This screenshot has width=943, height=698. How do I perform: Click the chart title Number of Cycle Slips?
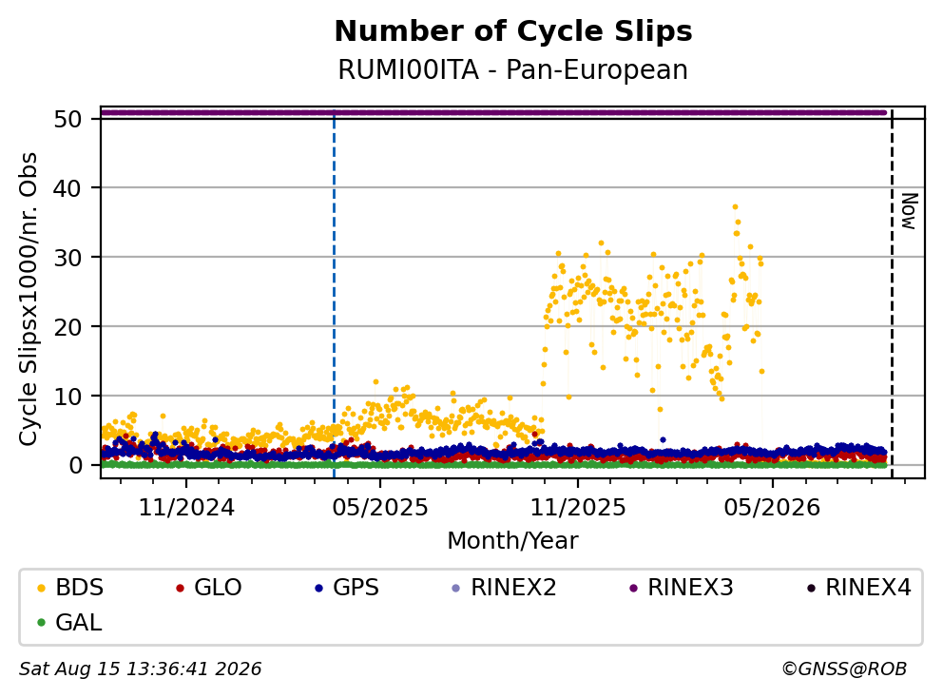pos(513,31)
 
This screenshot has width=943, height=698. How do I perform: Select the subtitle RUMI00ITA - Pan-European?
pos(513,69)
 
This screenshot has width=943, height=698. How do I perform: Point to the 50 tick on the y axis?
pos(67,119)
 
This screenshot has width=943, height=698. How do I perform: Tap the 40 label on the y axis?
pos(67,188)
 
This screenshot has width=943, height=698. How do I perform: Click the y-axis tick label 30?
pos(67,258)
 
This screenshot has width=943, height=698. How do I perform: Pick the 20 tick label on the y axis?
pos(67,327)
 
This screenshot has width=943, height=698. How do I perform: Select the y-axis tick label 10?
pos(67,396)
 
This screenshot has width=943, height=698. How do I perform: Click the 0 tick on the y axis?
pos(75,465)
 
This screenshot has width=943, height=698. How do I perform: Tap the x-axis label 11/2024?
pos(186,508)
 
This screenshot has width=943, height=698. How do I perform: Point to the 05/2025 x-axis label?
pos(380,508)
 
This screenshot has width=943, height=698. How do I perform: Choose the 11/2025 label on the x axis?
pos(577,508)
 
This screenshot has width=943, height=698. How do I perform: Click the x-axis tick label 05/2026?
pos(772,508)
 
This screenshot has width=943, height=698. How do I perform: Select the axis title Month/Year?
pos(513,540)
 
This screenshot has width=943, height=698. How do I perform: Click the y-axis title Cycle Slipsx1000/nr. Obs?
pos(29,299)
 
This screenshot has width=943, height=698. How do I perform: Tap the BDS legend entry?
pos(70,588)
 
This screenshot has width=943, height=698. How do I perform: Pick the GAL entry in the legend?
pos(69,622)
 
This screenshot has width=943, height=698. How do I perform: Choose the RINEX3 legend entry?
pos(682,588)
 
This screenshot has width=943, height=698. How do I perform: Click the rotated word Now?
pos(910,211)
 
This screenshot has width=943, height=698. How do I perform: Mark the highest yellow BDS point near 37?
pos(735,207)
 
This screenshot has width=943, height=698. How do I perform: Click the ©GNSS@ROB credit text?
pos(844,669)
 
